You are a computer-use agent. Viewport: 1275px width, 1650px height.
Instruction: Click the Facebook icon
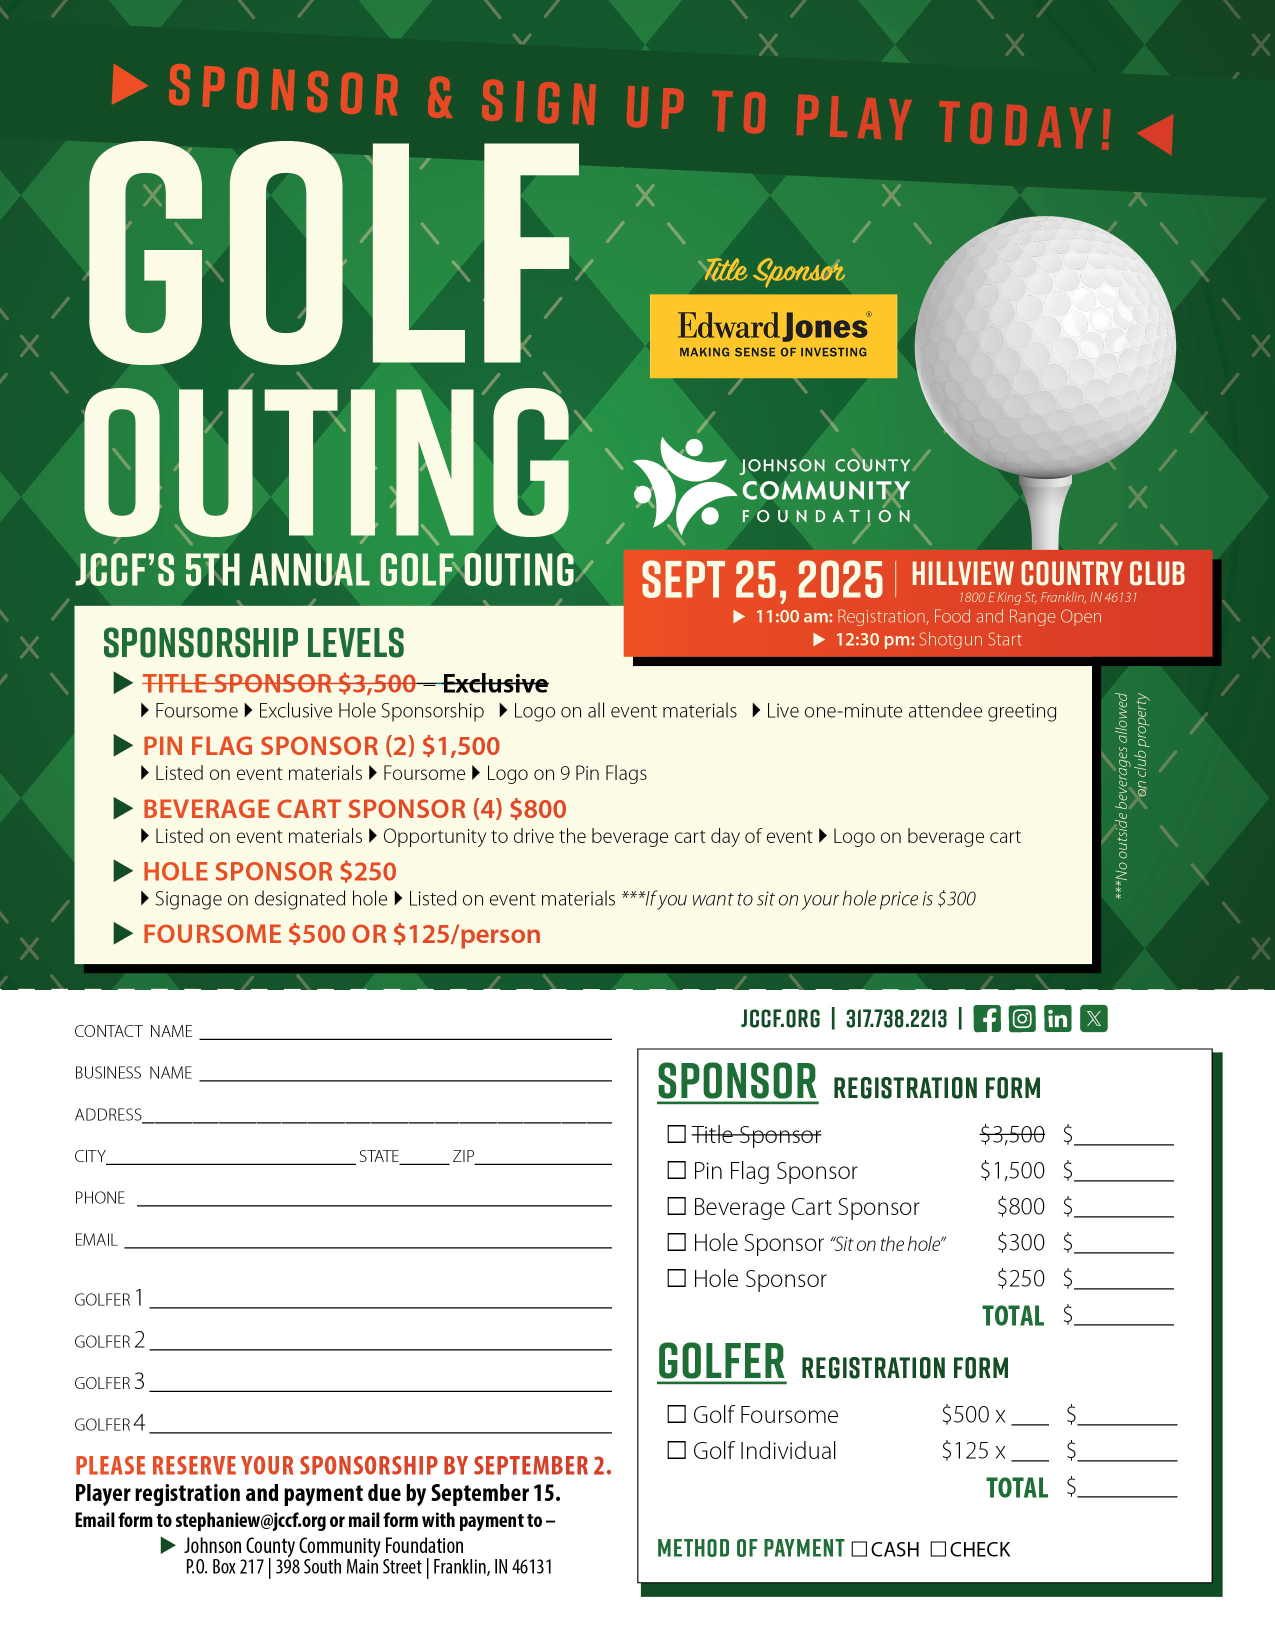(986, 1018)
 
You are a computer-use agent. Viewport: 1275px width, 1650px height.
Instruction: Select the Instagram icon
(1022, 1018)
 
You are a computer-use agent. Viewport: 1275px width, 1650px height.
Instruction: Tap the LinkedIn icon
(1057, 1018)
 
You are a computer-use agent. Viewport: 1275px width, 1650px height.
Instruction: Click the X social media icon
(1093, 1018)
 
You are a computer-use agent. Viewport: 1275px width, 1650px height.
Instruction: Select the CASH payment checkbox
(859, 1549)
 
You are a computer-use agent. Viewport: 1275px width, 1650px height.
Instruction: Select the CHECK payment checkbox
(938, 1549)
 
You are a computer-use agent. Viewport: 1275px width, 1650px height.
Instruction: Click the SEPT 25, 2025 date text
(761, 580)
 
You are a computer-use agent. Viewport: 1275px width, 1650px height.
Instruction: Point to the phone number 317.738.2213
(896, 1019)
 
